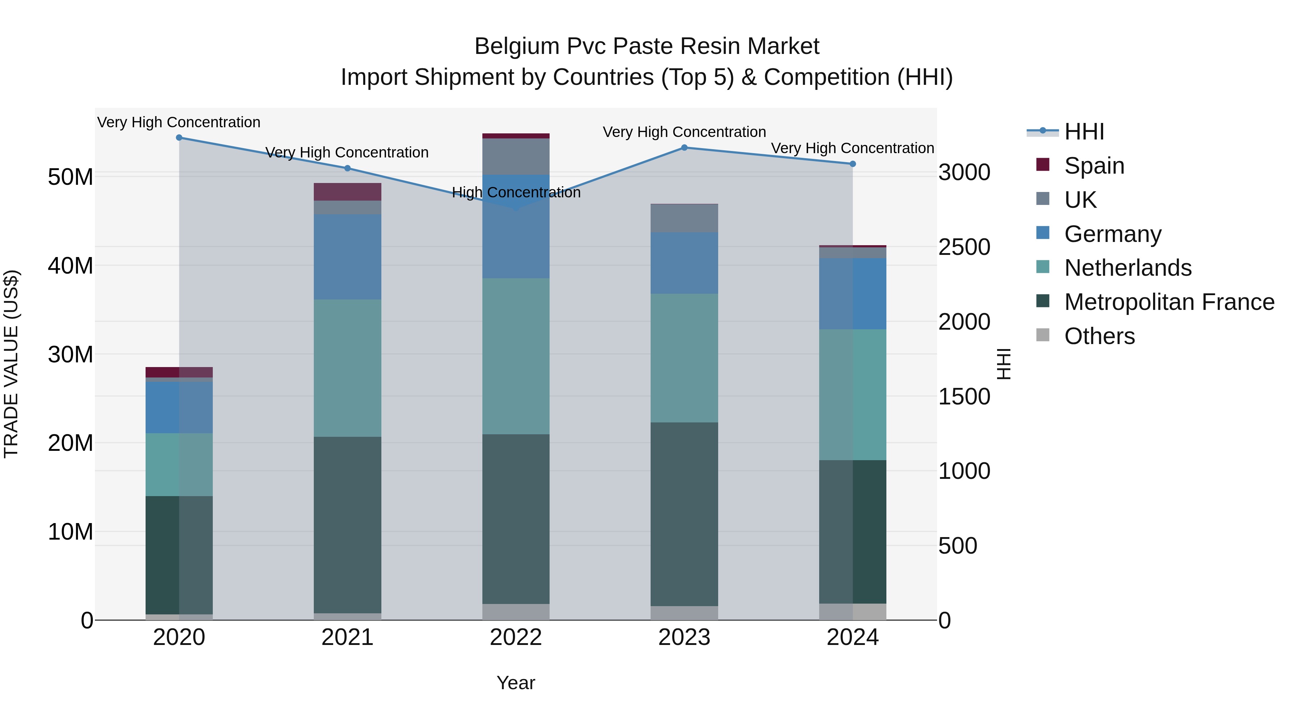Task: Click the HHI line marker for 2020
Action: point(179,138)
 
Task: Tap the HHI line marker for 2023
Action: point(684,148)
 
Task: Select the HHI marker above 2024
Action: point(853,164)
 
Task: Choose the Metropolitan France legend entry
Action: point(1169,302)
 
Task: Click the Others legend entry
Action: point(1099,336)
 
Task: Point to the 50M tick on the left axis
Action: point(70,177)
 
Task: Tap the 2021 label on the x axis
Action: point(347,637)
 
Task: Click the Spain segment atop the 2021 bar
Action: point(347,192)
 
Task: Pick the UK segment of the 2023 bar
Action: point(684,218)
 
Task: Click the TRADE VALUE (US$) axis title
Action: point(11,364)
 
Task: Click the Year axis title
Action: point(516,683)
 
